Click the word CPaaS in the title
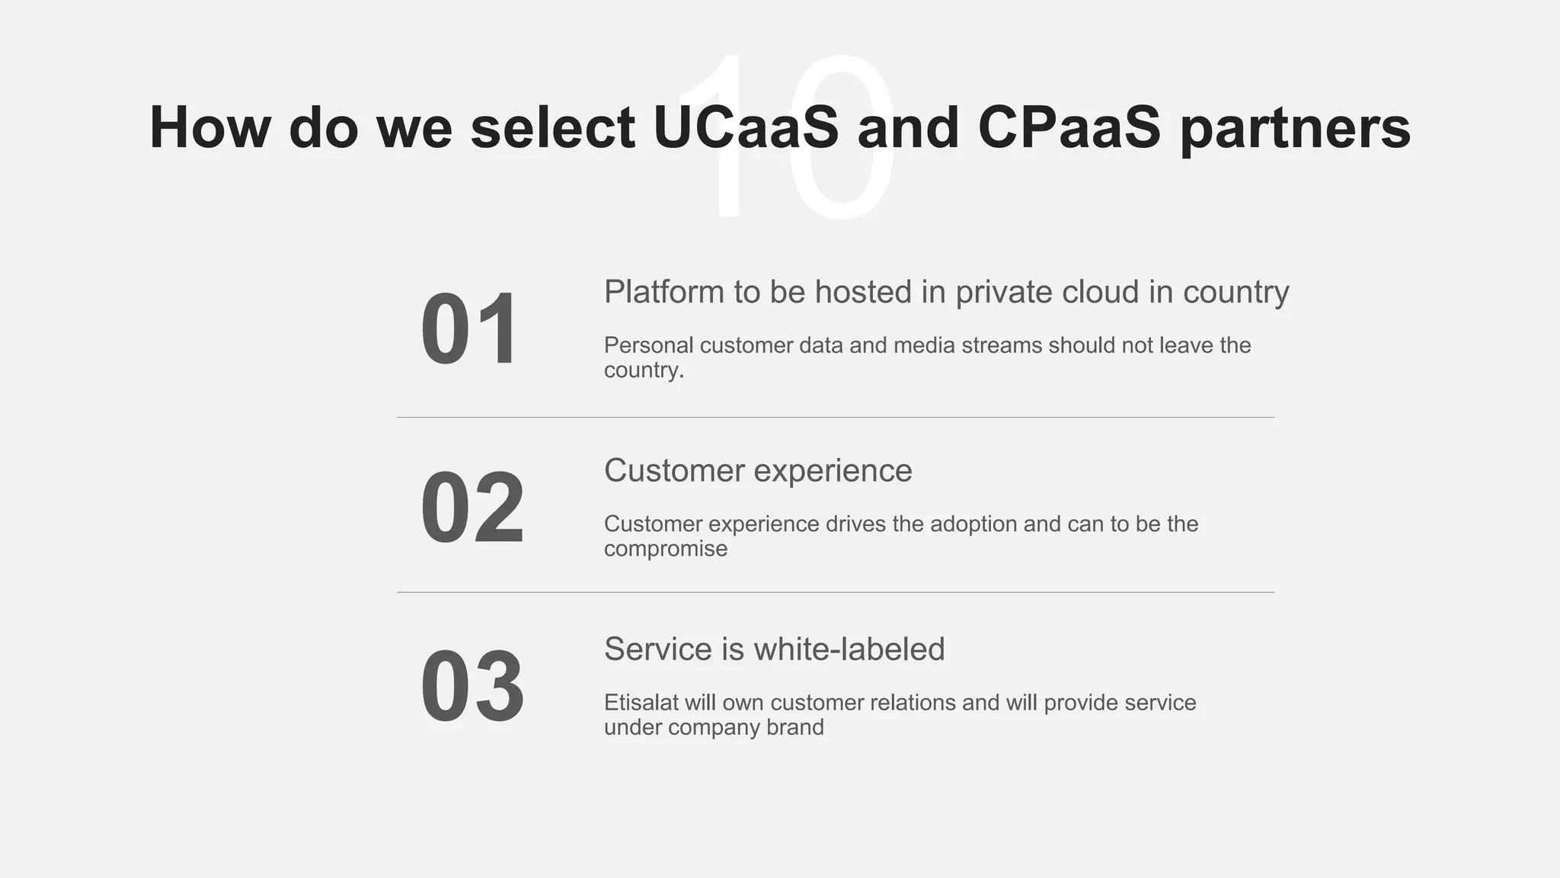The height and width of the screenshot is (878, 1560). [x=1069, y=127]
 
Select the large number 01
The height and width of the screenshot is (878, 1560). [x=470, y=329]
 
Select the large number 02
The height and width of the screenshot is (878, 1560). [x=472, y=508]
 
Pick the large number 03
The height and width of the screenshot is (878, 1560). [x=472, y=686]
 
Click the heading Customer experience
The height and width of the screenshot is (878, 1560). [x=758, y=471]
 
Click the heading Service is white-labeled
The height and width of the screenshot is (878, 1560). [x=774, y=649]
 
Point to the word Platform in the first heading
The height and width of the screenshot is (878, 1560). [x=663, y=292]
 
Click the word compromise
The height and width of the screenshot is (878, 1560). [x=666, y=550]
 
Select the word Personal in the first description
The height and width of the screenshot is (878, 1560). [x=648, y=345]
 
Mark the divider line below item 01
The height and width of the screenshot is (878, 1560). [x=835, y=418]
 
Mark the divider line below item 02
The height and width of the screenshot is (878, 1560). [x=835, y=592]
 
